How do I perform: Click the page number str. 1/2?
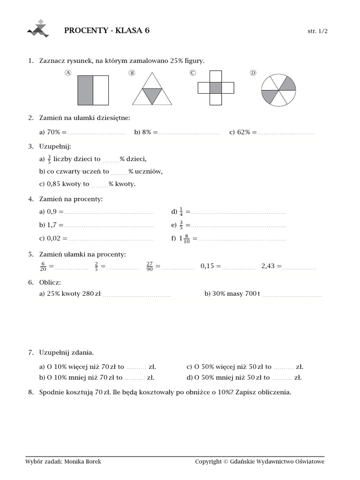point(317,31)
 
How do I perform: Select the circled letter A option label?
point(68,73)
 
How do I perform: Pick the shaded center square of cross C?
point(216,87)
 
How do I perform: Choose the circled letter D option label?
point(253,73)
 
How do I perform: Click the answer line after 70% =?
point(97,133)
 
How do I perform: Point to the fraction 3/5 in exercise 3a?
point(49,159)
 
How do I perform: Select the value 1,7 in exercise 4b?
point(52,225)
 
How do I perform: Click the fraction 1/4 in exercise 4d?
point(181,212)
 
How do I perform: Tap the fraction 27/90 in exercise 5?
point(150,266)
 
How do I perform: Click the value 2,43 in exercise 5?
point(268,266)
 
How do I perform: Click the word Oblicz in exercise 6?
point(50,282)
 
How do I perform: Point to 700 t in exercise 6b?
point(252,294)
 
